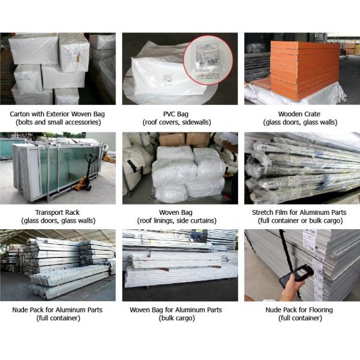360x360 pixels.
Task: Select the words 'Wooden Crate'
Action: coord(299,113)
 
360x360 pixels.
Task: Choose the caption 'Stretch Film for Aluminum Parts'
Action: coord(299,212)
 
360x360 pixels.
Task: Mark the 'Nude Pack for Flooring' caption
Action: coord(299,310)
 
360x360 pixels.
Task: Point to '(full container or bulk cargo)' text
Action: coord(299,220)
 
